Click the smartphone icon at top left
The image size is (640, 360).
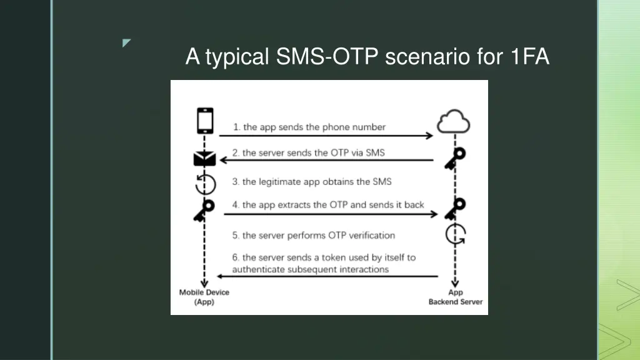click(x=205, y=121)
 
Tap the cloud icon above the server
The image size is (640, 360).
click(x=454, y=122)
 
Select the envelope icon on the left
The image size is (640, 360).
click(x=204, y=159)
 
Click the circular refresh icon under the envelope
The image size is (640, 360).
click(x=204, y=184)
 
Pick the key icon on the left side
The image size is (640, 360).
click(x=204, y=210)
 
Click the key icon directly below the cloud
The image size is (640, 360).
click(x=454, y=158)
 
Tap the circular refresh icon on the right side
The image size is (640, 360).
click(x=455, y=235)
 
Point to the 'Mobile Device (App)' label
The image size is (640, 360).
click(x=204, y=297)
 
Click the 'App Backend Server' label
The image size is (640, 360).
click(x=455, y=297)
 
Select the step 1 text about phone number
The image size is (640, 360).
click(x=309, y=127)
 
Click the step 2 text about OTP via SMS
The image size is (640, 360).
click(x=309, y=152)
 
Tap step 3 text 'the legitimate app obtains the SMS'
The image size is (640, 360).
click(x=312, y=181)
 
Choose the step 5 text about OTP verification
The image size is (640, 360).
click(x=314, y=236)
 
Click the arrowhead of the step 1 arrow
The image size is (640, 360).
click(x=429, y=136)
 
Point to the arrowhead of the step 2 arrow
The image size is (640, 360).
click(x=223, y=161)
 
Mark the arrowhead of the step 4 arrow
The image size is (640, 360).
click(x=435, y=214)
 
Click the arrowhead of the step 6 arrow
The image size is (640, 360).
click(x=219, y=276)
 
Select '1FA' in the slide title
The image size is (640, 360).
click(x=529, y=57)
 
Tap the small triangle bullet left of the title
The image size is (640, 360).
click(x=127, y=43)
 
